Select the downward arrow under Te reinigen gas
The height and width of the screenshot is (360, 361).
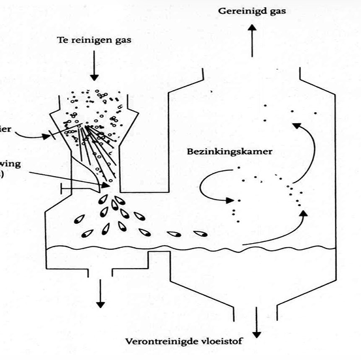[96, 66]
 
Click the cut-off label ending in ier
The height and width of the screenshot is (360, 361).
[6, 128]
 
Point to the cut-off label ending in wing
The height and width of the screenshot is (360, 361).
[7, 164]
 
